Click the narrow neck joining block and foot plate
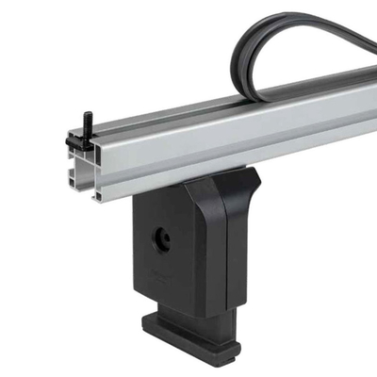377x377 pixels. coord(203,316)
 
